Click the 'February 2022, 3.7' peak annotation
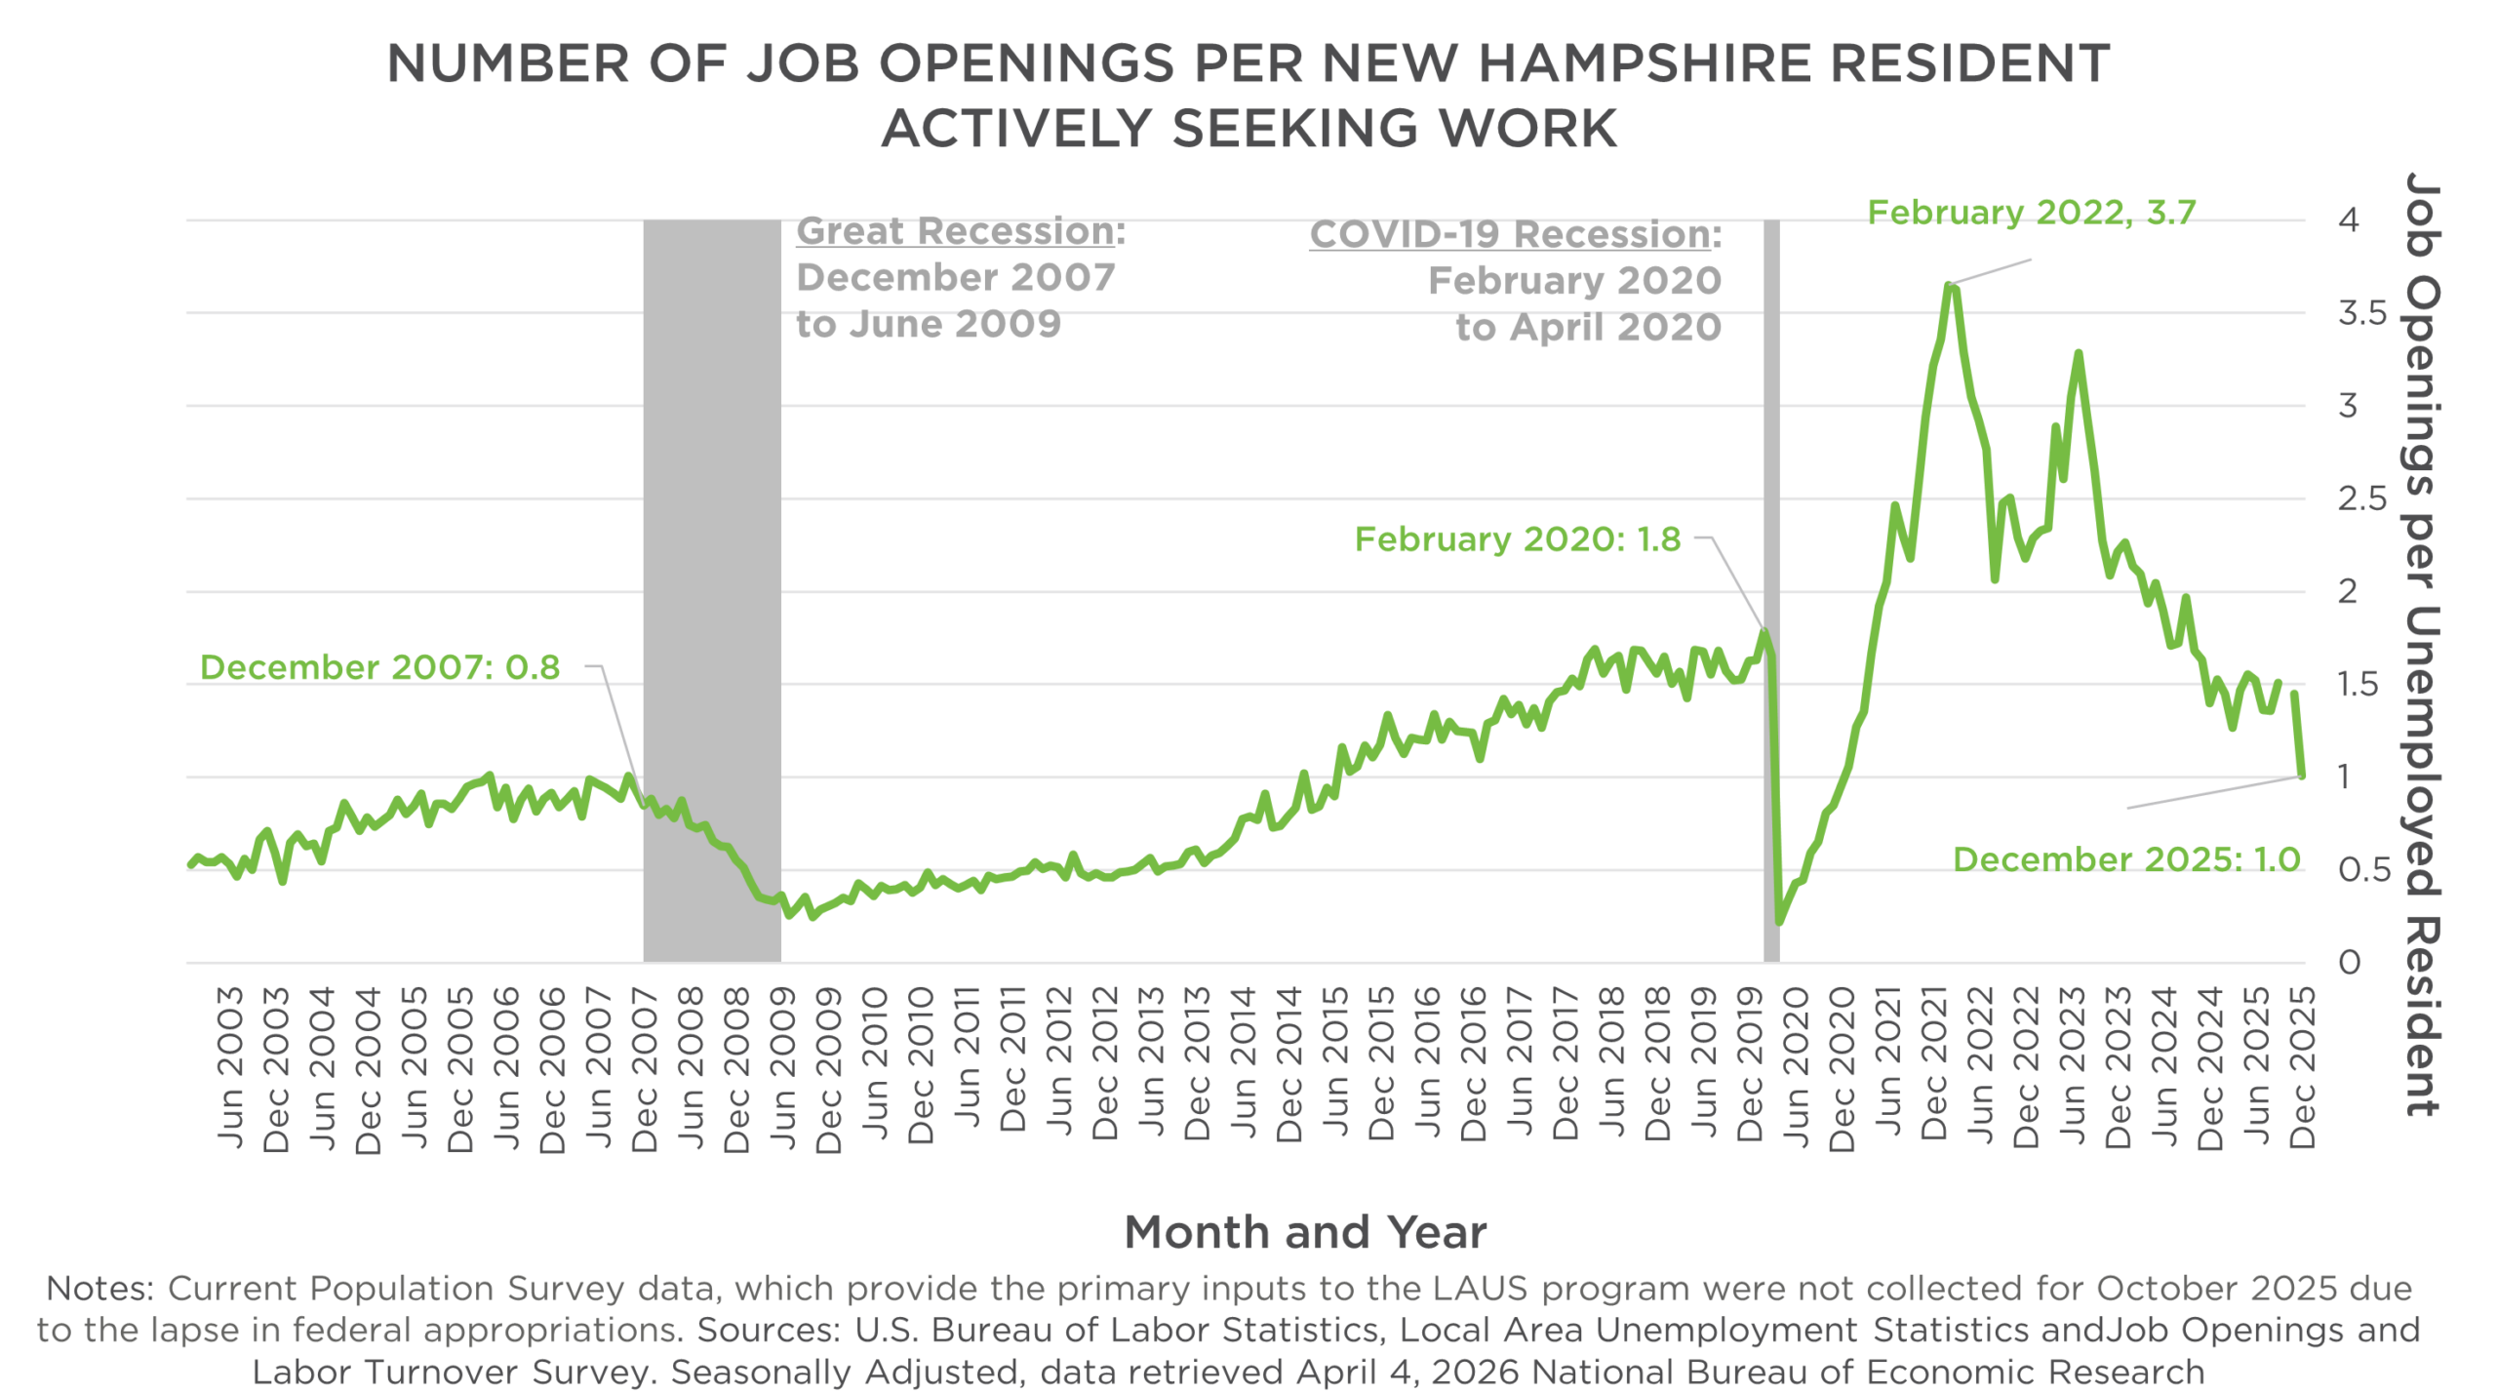point(2031,212)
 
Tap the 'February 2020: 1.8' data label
point(1518,539)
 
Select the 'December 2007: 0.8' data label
point(380,667)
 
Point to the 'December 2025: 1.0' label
point(2126,858)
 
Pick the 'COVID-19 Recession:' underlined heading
point(1515,235)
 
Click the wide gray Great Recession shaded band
point(712,585)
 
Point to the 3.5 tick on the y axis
point(2361,314)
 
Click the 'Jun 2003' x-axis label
point(230,1067)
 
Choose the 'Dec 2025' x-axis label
point(2302,1067)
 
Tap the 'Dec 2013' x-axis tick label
point(1197,1067)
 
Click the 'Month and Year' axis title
point(1305,1232)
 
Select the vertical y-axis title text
point(2421,644)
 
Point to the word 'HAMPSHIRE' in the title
point(1644,64)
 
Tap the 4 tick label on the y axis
point(2349,220)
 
